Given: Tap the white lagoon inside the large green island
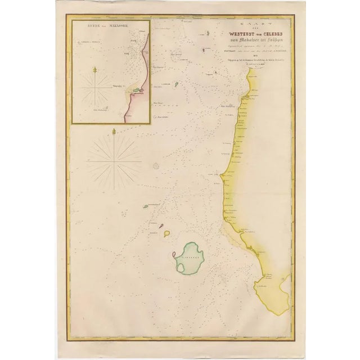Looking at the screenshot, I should click(181, 268).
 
